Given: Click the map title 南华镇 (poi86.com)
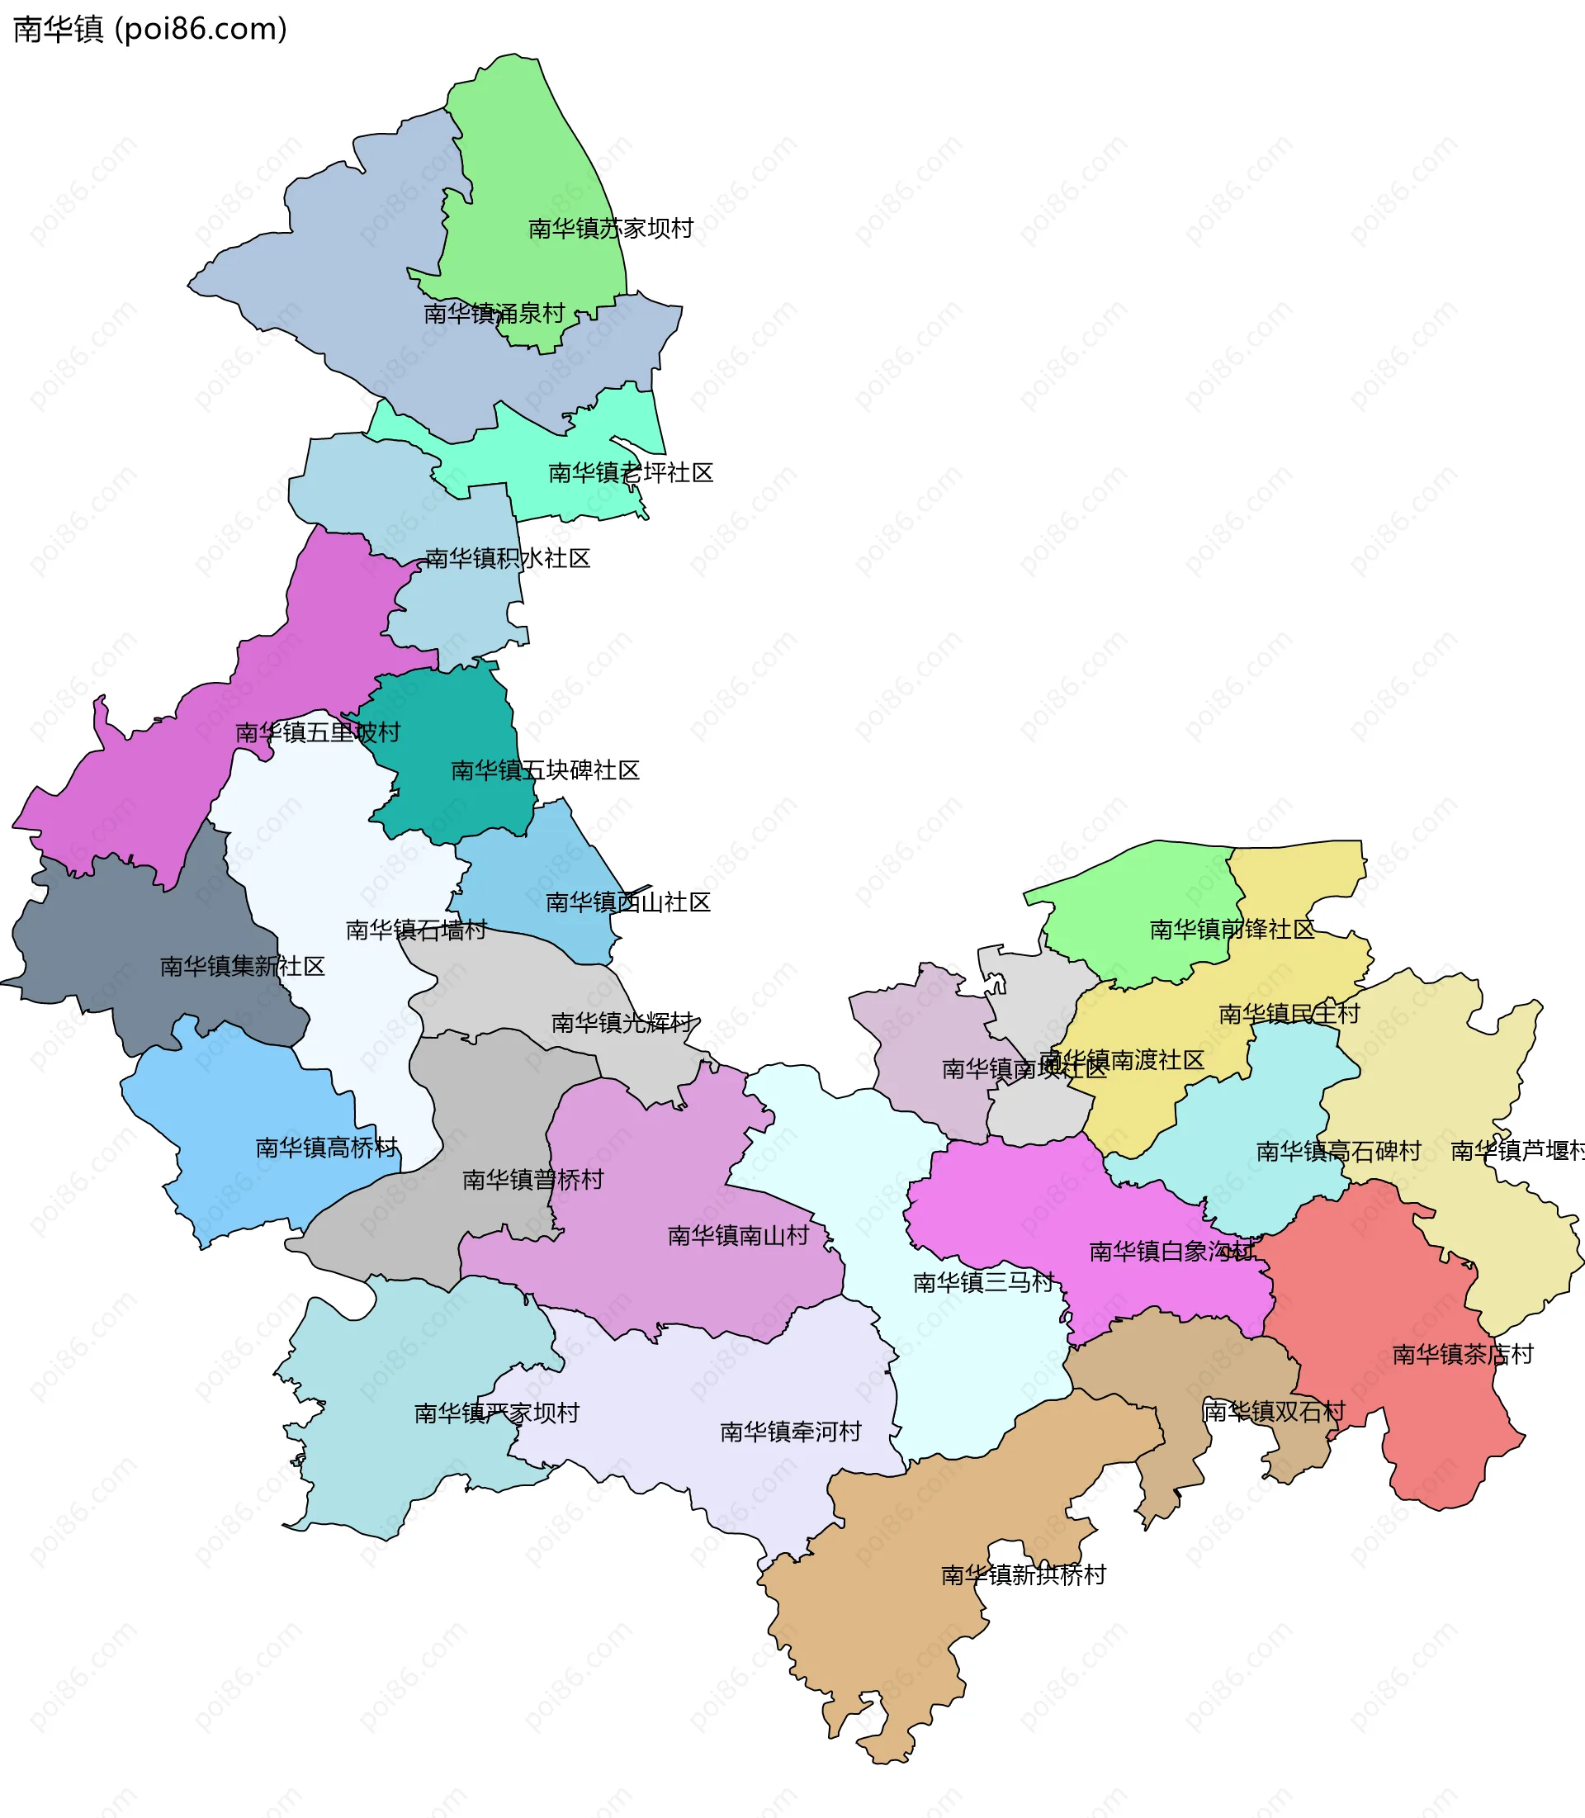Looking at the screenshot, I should tap(150, 30).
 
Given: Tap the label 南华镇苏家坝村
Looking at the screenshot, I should tap(610, 230).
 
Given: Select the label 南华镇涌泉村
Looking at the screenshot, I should tap(494, 314).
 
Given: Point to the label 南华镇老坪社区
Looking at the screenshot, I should tap(631, 473).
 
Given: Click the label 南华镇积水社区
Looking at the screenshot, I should tap(508, 559).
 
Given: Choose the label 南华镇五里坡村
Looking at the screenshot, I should tap(318, 733).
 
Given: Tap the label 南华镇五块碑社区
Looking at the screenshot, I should tap(545, 771).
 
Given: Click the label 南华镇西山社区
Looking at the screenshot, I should tap(628, 903).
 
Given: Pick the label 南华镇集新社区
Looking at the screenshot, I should tap(243, 967).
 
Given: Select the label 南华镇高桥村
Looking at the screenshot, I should tap(326, 1148).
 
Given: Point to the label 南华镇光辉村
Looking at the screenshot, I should tap(622, 1024).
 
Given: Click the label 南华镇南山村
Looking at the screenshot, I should tap(738, 1237).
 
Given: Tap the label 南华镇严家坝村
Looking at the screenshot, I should tap(496, 1413).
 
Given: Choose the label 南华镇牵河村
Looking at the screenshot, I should tap(790, 1432).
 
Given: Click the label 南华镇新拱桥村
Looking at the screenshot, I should tap(1024, 1575).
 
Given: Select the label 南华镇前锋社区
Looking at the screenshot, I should tap(1232, 930).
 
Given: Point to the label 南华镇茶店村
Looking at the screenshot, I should tap(1463, 1356).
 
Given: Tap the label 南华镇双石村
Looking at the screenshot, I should tap(1273, 1412).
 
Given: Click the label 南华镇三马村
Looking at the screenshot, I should tap(983, 1283).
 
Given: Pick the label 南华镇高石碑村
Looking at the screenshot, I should tap(1338, 1152).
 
